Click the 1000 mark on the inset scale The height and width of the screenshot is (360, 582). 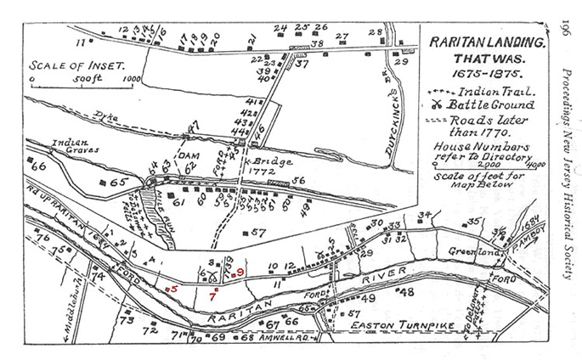[x=131, y=80]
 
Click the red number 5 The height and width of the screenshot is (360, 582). [x=172, y=290]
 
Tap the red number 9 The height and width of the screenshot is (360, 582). [x=240, y=272]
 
